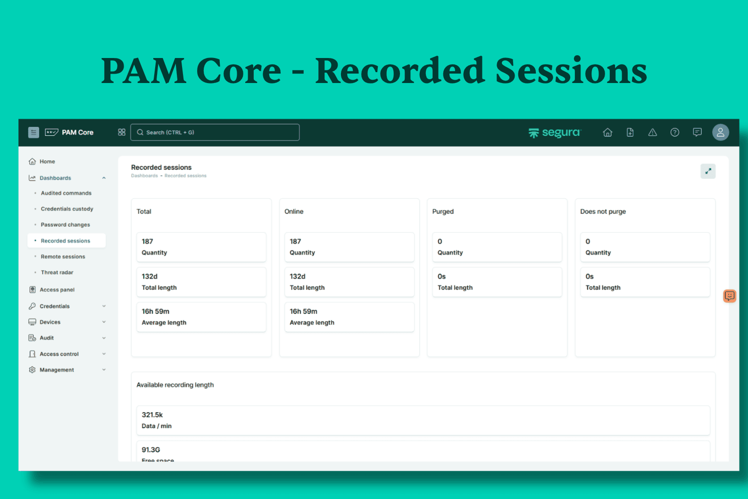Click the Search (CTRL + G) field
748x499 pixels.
tap(215, 132)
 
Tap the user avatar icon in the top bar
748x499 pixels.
tap(720, 132)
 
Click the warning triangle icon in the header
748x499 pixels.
tap(653, 133)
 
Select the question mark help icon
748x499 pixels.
tap(674, 133)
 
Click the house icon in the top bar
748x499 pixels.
tap(607, 133)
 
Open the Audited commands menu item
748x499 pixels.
tap(66, 193)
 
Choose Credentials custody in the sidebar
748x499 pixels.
tap(67, 209)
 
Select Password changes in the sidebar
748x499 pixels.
tap(66, 225)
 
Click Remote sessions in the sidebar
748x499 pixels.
tap(63, 257)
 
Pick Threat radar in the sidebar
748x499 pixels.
tap(57, 272)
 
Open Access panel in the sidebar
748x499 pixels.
tap(57, 290)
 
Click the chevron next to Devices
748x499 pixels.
tap(104, 322)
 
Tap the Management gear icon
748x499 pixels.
tap(32, 370)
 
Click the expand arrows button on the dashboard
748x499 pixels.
tap(708, 171)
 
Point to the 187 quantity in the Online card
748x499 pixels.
tap(295, 241)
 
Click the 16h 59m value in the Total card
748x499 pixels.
tap(155, 311)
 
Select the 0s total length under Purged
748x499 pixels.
tap(441, 276)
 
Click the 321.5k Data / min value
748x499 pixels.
tap(152, 415)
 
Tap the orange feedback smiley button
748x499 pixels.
tap(730, 296)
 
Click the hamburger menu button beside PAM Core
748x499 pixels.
tap(33, 132)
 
